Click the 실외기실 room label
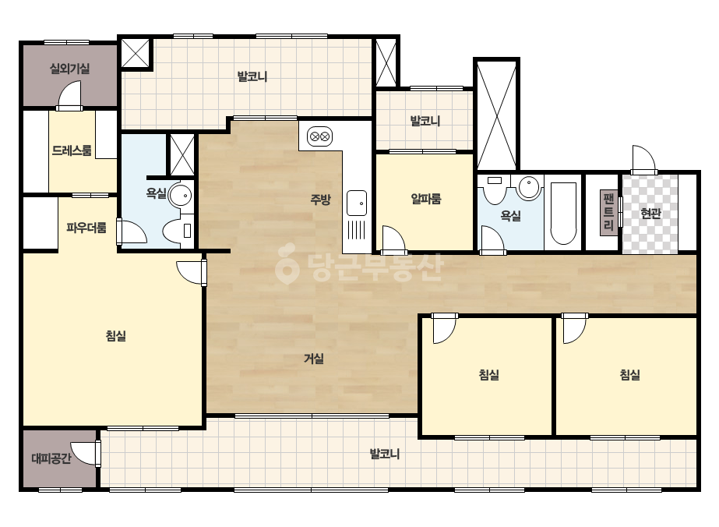coord(69,69)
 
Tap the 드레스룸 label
coord(72,150)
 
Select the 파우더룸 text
coord(86,227)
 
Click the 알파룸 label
coord(426,199)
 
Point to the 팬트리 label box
coord(609,212)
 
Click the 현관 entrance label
coord(650,213)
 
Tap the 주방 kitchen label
coord(320,199)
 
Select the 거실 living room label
coord(314,358)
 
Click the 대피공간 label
coord(51,458)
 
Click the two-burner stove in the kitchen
coord(319,136)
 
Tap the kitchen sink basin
coord(356,203)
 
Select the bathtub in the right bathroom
coord(563,214)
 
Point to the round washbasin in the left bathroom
coord(181,195)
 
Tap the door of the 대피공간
coord(86,453)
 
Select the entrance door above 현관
coord(643,160)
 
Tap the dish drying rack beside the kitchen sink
coord(356,229)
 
